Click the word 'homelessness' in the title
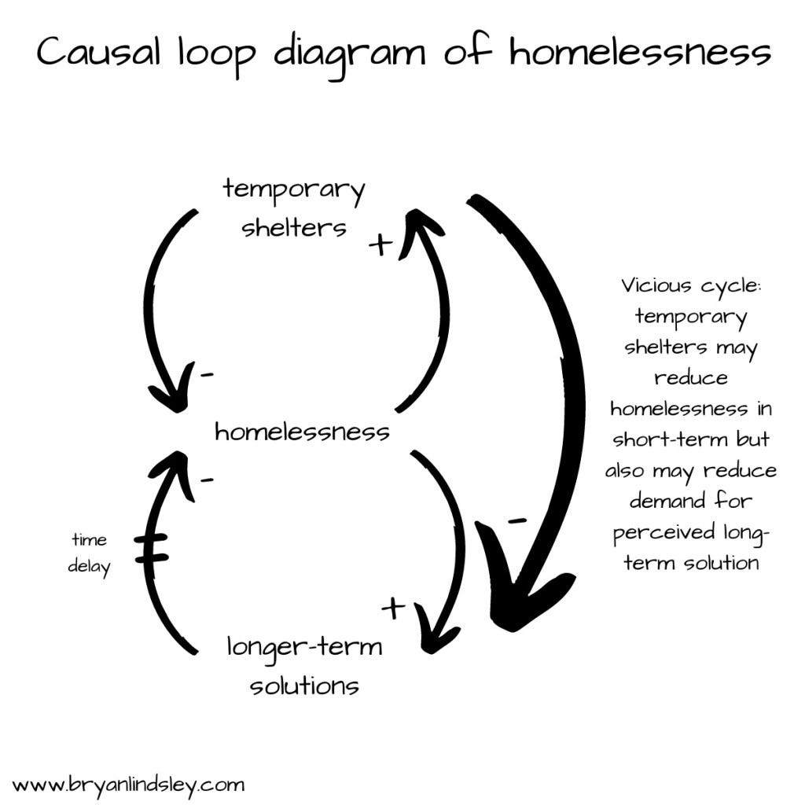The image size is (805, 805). [639, 53]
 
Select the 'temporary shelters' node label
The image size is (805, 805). [293, 208]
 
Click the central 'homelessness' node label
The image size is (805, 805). [302, 432]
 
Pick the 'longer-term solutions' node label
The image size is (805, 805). [304, 666]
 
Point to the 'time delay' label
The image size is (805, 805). [89, 553]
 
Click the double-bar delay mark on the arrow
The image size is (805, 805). [151, 548]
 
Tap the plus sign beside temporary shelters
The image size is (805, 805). [380, 245]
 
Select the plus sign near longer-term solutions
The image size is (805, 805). [393, 607]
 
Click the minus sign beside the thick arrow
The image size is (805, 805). [516, 520]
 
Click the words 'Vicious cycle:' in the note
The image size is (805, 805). [691, 285]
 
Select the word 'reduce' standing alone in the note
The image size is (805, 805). [691, 377]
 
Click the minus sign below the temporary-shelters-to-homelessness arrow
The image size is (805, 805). [207, 376]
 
